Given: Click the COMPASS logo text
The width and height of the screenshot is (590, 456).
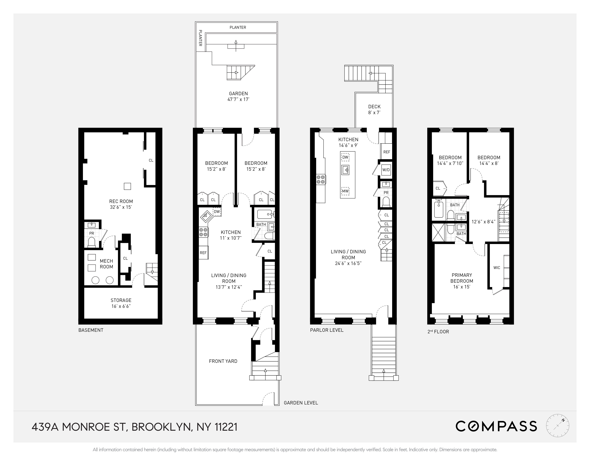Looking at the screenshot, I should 496,426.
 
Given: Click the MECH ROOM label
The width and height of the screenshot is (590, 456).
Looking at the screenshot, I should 106,264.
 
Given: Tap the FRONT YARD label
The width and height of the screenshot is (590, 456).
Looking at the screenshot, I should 223,361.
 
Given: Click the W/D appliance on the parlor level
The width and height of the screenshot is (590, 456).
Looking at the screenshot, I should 386,170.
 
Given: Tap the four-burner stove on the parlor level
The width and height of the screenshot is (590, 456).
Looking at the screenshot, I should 321,180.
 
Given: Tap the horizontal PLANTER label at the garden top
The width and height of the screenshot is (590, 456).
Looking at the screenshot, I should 238,27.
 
